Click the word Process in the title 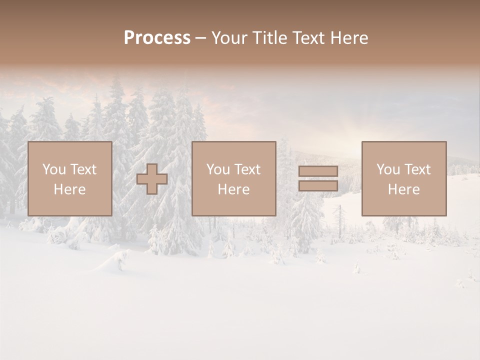tap(157, 38)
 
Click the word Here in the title tap(350, 38)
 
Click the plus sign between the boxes tap(152, 179)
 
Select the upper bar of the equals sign tap(318, 171)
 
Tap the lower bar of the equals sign tap(318, 186)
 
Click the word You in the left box tap(53, 169)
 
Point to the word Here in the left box tap(69, 189)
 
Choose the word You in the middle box tap(218, 169)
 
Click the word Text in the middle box tap(247, 169)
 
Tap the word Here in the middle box tap(233, 189)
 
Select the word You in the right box tap(388, 169)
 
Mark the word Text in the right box tap(417, 169)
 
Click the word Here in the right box tap(403, 189)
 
